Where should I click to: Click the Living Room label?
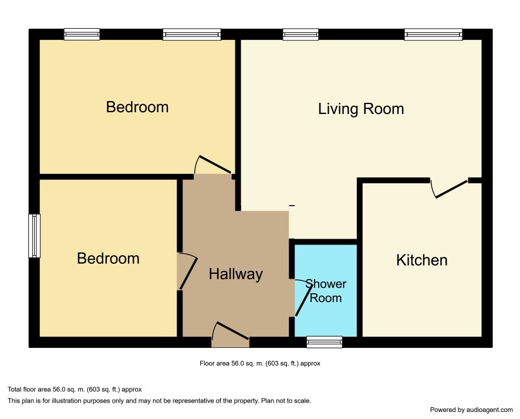pos(361,109)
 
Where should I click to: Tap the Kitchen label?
pos(422,260)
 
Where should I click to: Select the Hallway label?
pos(236,274)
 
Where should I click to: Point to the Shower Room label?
pos(326,291)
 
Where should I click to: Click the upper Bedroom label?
pos(137,107)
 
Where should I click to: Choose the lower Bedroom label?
pos(108,259)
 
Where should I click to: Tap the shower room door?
pos(303,297)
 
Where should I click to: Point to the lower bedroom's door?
pos(187,271)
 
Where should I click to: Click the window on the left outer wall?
pos(34,236)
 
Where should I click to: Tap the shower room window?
pos(325,342)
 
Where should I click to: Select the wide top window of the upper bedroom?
pos(192,34)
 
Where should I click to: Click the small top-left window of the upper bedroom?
pos(82,34)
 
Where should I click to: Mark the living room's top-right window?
pos(433,34)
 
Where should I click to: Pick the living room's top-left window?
pos(300,34)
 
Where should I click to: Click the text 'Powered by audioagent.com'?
pos(471,410)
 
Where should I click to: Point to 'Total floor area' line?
pos(75,390)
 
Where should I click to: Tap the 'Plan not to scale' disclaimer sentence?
pos(286,401)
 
